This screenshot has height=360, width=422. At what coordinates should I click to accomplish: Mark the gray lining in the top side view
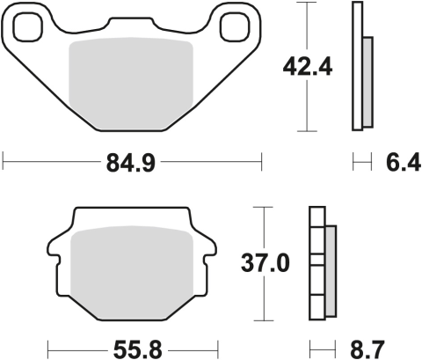[x=367, y=79]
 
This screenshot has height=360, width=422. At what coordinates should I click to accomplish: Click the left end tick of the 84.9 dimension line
[x=4, y=161]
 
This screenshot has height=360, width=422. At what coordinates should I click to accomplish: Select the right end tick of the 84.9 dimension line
[x=262, y=161]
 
